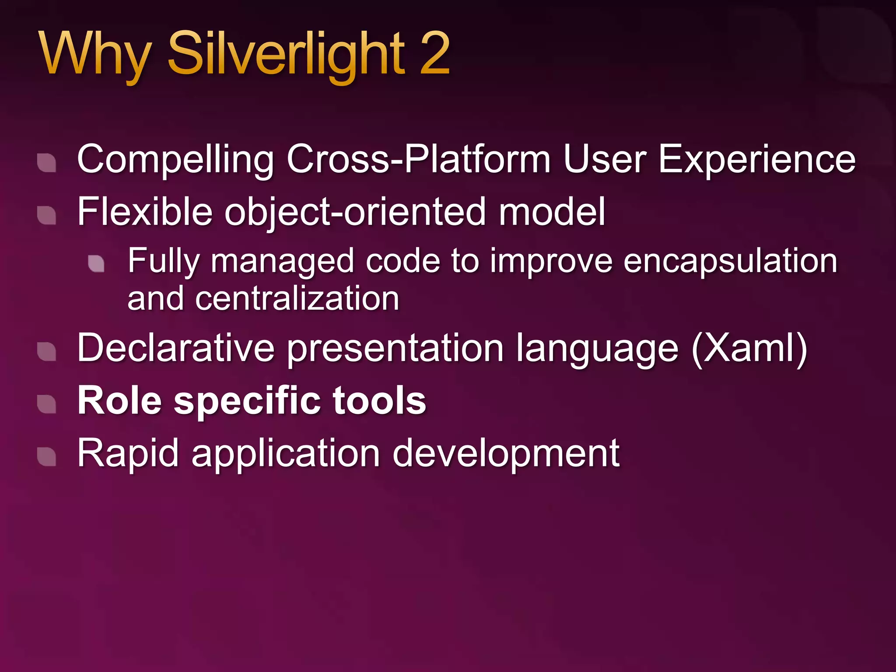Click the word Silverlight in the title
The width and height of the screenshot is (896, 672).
287,55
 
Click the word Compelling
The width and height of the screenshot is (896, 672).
175,160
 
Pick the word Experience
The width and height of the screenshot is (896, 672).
756,160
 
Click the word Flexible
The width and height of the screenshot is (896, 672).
145,212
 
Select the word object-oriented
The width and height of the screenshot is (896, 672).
355,212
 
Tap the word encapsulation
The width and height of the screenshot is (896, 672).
730,262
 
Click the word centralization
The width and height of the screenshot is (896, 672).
297,299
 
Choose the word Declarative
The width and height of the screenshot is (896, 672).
175,349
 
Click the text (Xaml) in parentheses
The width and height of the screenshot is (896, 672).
749,349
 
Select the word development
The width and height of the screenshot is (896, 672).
506,454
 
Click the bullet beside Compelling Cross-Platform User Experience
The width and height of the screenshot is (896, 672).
46,163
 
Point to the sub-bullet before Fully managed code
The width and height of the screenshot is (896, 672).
96,263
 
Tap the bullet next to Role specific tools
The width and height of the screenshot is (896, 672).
46,404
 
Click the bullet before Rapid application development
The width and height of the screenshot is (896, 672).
46,457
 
